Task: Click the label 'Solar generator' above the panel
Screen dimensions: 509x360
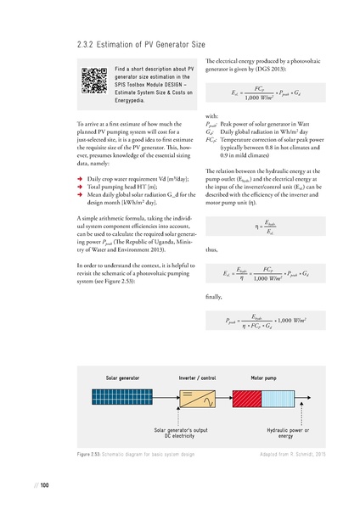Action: pos(123,376)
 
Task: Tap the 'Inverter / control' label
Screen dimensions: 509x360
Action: pos(200,376)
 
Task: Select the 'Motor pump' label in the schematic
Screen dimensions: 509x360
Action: pos(268,376)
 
